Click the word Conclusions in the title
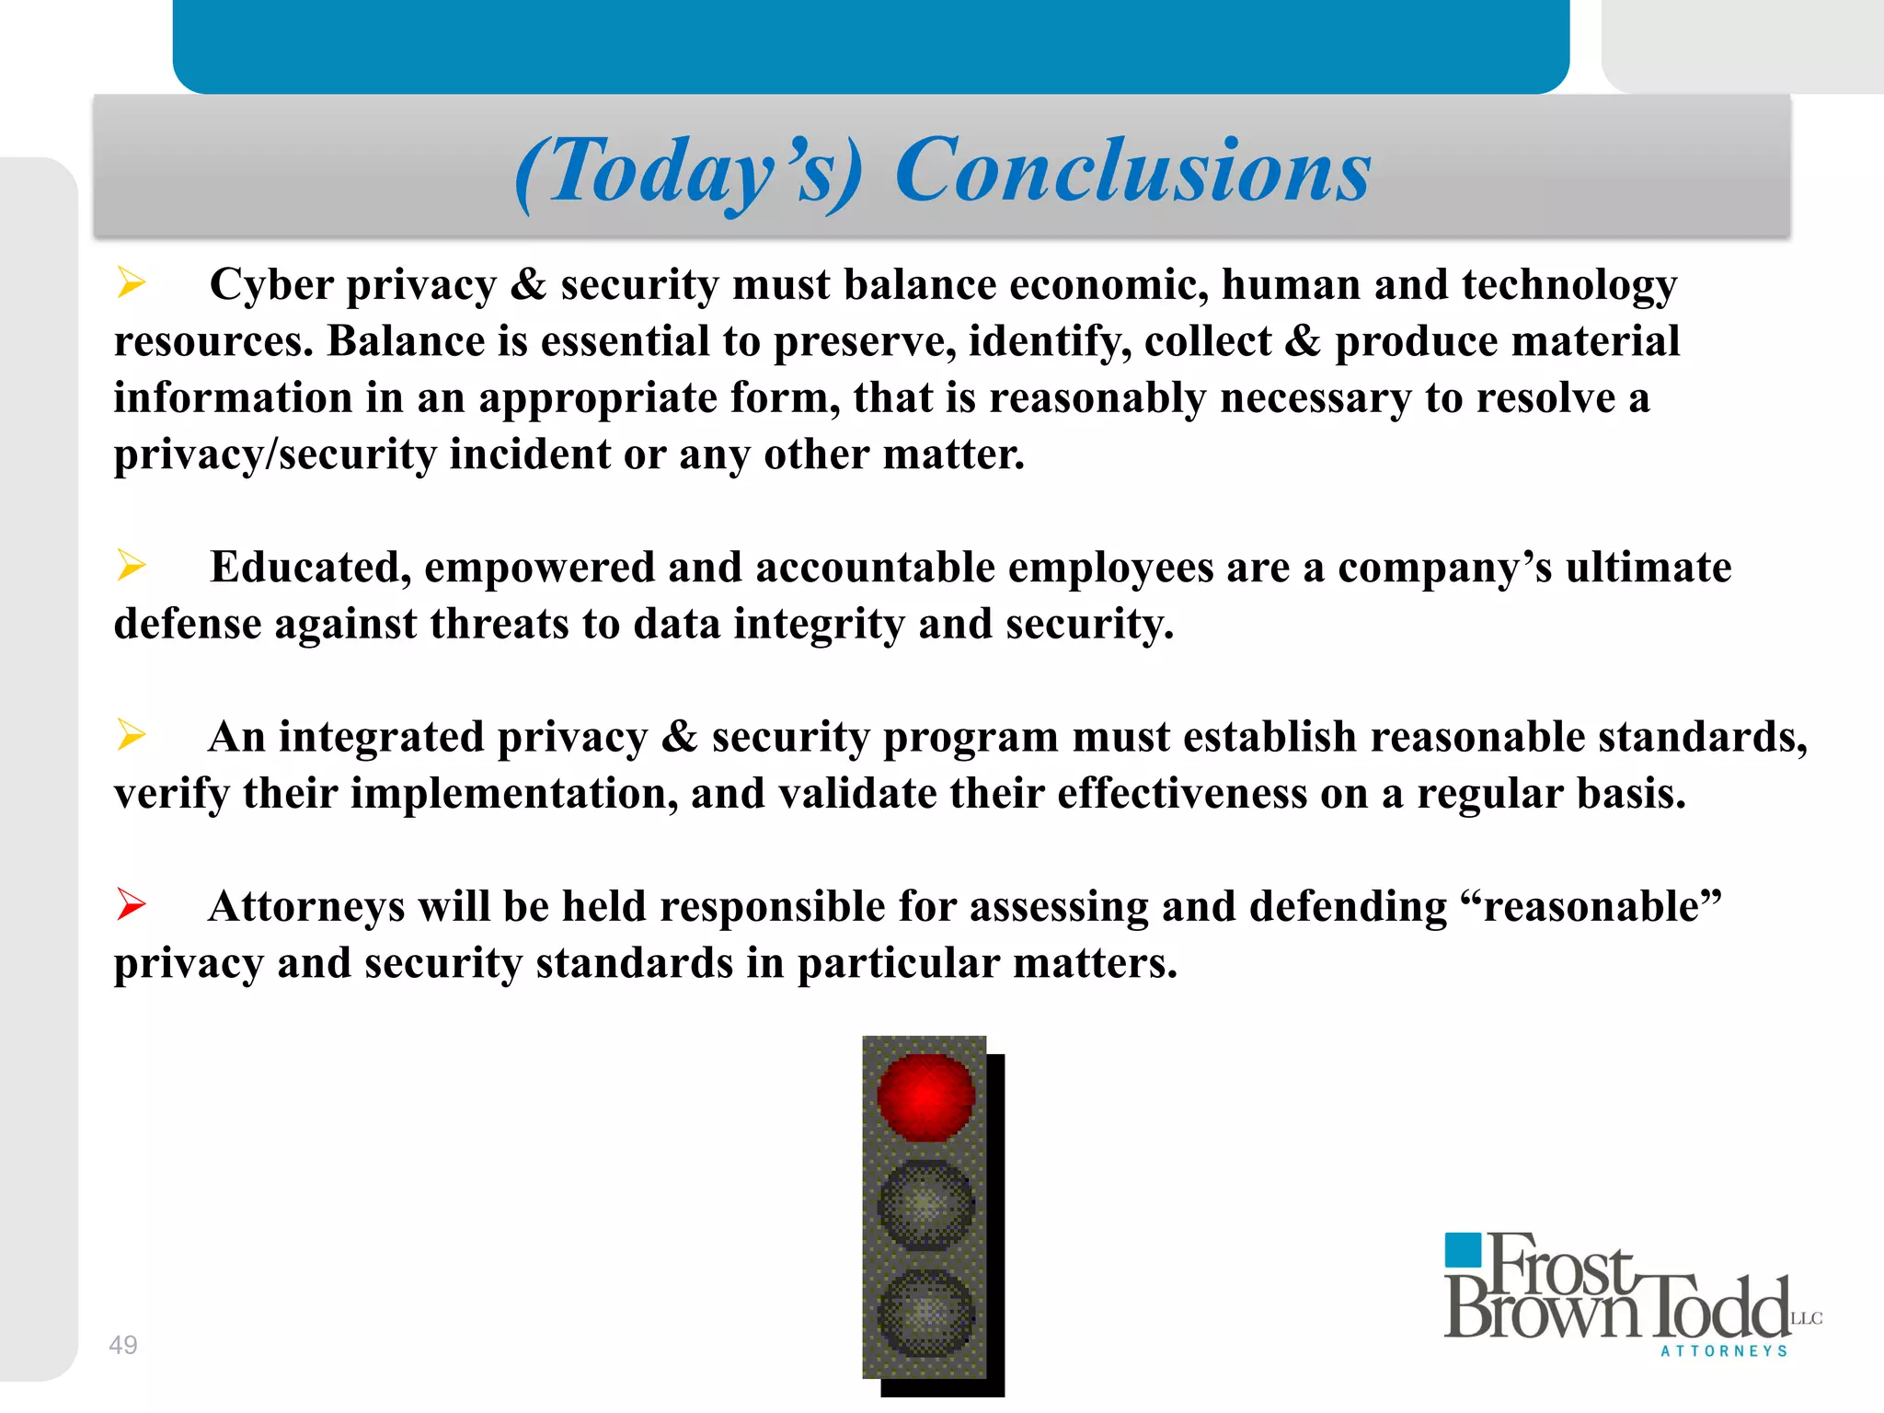point(1132,171)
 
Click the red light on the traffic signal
point(925,1097)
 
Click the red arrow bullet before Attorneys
point(131,904)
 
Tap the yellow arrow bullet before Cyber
point(131,282)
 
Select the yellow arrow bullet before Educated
point(131,565)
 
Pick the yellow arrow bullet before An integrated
point(131,735)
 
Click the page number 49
point(122,1345)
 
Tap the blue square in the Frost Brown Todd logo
point(1463,1250)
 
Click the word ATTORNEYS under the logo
point(1724,1351)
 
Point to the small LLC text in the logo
point(1807,1318)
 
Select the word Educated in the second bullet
point(310,568)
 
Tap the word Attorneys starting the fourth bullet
point(306,907)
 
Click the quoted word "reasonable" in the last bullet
point(1591,906)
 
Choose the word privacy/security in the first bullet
point(274,454)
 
